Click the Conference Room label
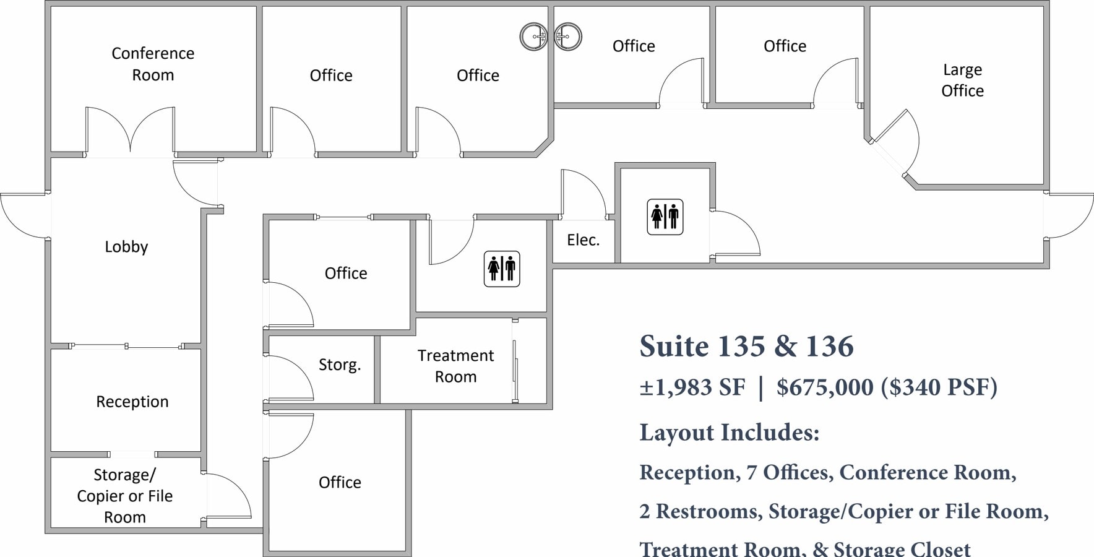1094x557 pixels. (153, 64)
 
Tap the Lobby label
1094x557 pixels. (126, 247)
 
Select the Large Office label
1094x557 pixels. (962, 80)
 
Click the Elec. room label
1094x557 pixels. (583, 240)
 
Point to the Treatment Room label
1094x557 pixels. (455, 366)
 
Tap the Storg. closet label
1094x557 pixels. (339, 365)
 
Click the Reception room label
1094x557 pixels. (132, 402)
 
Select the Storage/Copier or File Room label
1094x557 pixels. (124, 496)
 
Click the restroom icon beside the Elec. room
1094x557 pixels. (665, 217)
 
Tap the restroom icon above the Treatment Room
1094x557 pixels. (502, 269)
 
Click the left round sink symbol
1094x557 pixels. (533, 37)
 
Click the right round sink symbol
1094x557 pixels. (567, 37)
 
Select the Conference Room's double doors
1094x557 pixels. (130, 131)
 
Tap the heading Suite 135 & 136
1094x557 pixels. (746, 346)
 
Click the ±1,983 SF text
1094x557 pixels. (692, 388)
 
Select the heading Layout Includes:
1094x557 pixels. (729, 433)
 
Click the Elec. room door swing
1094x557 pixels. (583, 194)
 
